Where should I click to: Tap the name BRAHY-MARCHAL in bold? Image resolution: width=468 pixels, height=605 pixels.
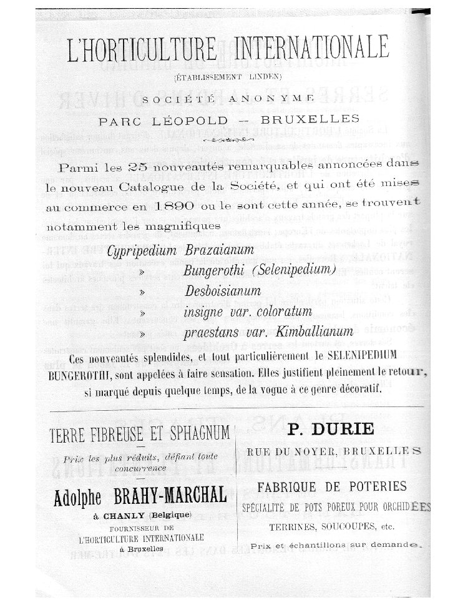point(172,496)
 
